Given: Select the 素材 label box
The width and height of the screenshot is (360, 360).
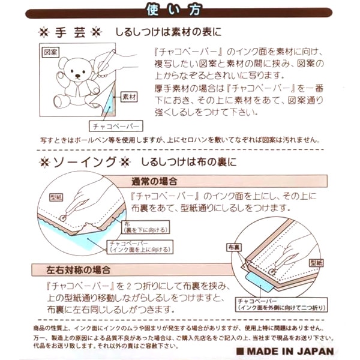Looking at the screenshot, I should [x=128, y=97].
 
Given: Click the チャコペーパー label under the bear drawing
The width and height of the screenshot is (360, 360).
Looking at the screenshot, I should [x=115, y=126].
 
